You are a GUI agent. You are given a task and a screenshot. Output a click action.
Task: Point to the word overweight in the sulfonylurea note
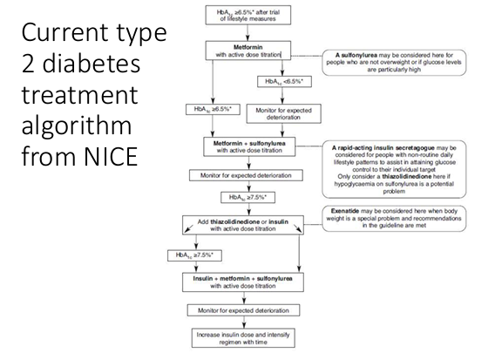click(391, 61)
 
